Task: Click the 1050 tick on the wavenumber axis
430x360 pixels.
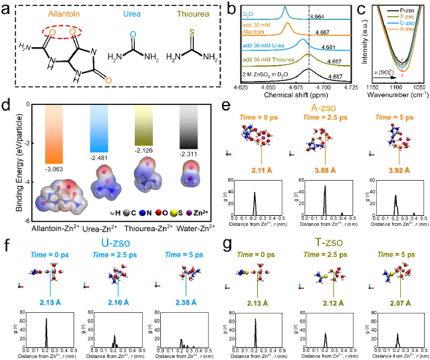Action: point(417,85)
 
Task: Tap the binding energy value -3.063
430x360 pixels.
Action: point(51,169)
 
